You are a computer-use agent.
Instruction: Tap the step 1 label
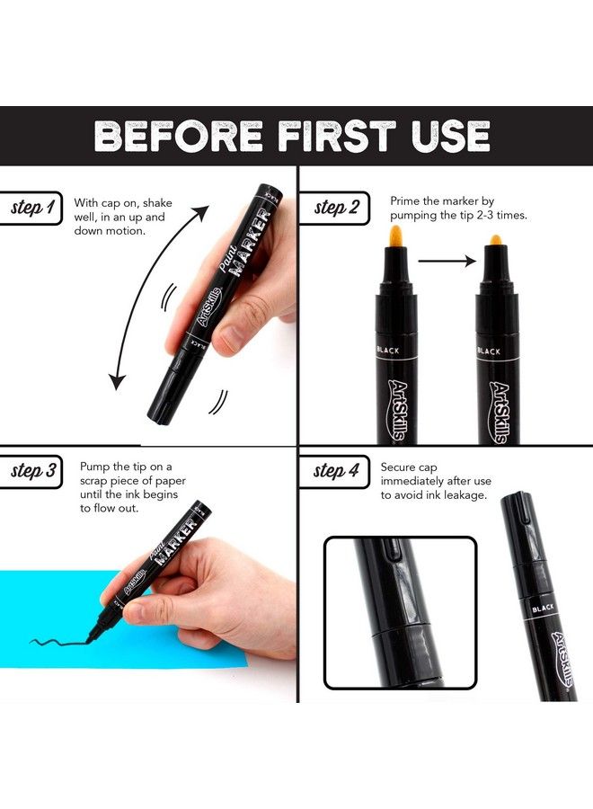point(32,209)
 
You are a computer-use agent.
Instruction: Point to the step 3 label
point(33,471)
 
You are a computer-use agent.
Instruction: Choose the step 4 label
point(336,471)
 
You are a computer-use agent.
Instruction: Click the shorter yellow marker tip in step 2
point(494,241)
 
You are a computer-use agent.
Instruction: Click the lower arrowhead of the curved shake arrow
point(115,381)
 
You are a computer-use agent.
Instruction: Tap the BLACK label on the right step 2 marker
point(494,350)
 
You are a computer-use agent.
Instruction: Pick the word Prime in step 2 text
point(403,201)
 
